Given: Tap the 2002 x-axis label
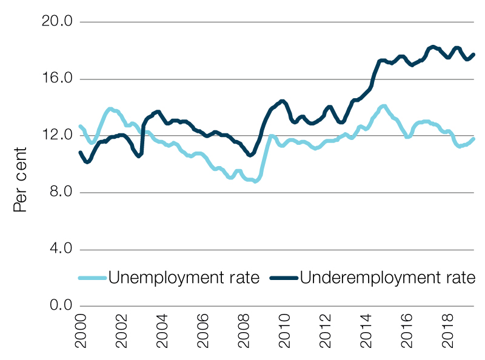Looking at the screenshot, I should (122, 332).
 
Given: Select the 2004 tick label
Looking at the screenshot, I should (162, 332).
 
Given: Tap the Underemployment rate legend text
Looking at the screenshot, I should (387, 278).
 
